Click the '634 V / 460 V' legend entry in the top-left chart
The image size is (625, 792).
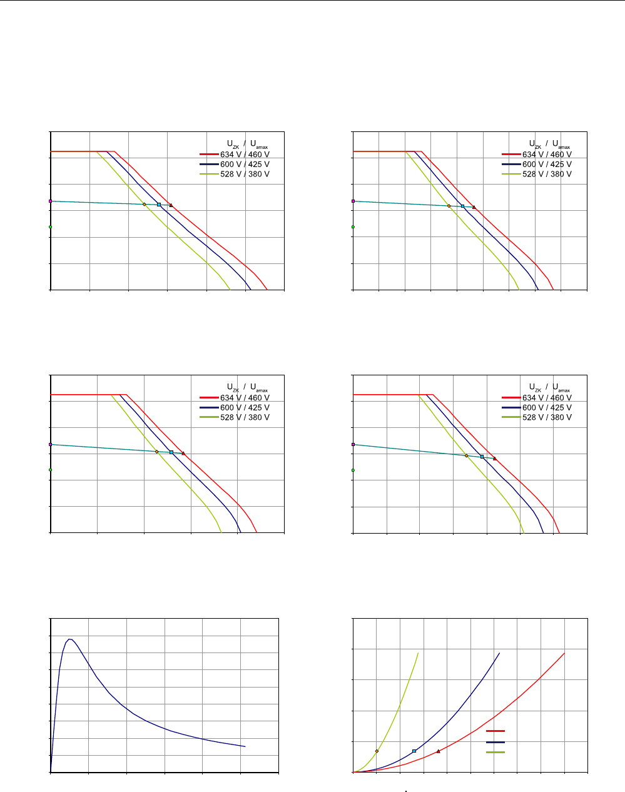[244, 155]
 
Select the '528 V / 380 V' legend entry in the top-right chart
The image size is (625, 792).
[546, 175]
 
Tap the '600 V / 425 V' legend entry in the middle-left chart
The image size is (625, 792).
[244, 408]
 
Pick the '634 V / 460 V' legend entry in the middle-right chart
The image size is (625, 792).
[546, 398]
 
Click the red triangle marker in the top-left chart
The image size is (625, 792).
[171, 205]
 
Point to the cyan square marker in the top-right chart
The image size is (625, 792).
[463, 206]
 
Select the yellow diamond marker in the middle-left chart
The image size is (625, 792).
[156, 452]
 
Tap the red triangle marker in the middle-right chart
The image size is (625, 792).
[494, 459]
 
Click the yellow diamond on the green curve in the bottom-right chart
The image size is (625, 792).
[377, 751]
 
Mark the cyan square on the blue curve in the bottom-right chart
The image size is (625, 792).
[414, 751]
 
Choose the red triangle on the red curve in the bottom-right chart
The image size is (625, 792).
[438, 751]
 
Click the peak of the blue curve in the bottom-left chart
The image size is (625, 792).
[70, 639]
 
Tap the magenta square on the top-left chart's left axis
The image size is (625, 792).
[50, 201]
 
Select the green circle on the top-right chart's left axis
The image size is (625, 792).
[353, 227]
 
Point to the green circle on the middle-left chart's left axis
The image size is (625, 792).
[50, 470]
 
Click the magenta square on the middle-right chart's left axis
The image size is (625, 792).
[353, 444]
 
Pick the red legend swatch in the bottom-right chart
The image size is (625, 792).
[495, 731]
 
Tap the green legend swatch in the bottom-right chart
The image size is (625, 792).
[495, 751]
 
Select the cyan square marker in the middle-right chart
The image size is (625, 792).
[482, 457]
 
